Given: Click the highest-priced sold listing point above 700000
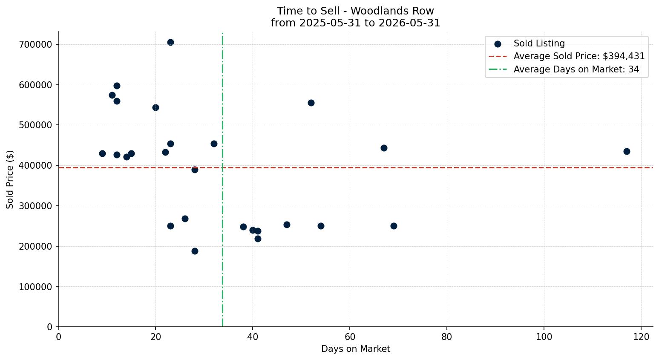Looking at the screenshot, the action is (x=170, y=42).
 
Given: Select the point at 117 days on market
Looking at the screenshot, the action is (x=627, y=152).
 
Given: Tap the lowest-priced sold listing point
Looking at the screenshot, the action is (x=195, y=251).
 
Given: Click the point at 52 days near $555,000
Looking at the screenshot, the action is (x=311, y=103).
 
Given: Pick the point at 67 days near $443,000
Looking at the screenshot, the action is (x=384, y=148).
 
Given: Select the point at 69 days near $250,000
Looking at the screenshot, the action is (x=394, y=226).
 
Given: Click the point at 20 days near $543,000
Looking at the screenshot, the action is (x=155, y=108).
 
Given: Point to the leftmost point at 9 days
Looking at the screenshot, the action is (x=102, y=153).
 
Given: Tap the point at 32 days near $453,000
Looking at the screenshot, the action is (x=214, y=144).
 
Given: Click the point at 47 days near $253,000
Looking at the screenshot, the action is (x=287, y=225).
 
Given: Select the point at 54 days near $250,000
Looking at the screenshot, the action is (x=321, y=226).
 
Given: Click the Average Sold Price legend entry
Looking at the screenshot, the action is (x=567, y=56).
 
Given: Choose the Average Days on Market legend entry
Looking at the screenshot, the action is (x=564, y=69).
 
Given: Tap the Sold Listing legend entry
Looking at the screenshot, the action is (x=530, y=43).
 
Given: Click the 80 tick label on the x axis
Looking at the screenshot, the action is (x=447, y=337).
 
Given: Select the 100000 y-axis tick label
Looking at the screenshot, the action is (x=36, y=287).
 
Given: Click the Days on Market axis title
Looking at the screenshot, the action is (x=356, y=349).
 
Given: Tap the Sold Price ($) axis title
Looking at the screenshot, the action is (x=10, y=180).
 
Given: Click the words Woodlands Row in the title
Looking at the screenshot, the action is (x=392, y=11).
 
